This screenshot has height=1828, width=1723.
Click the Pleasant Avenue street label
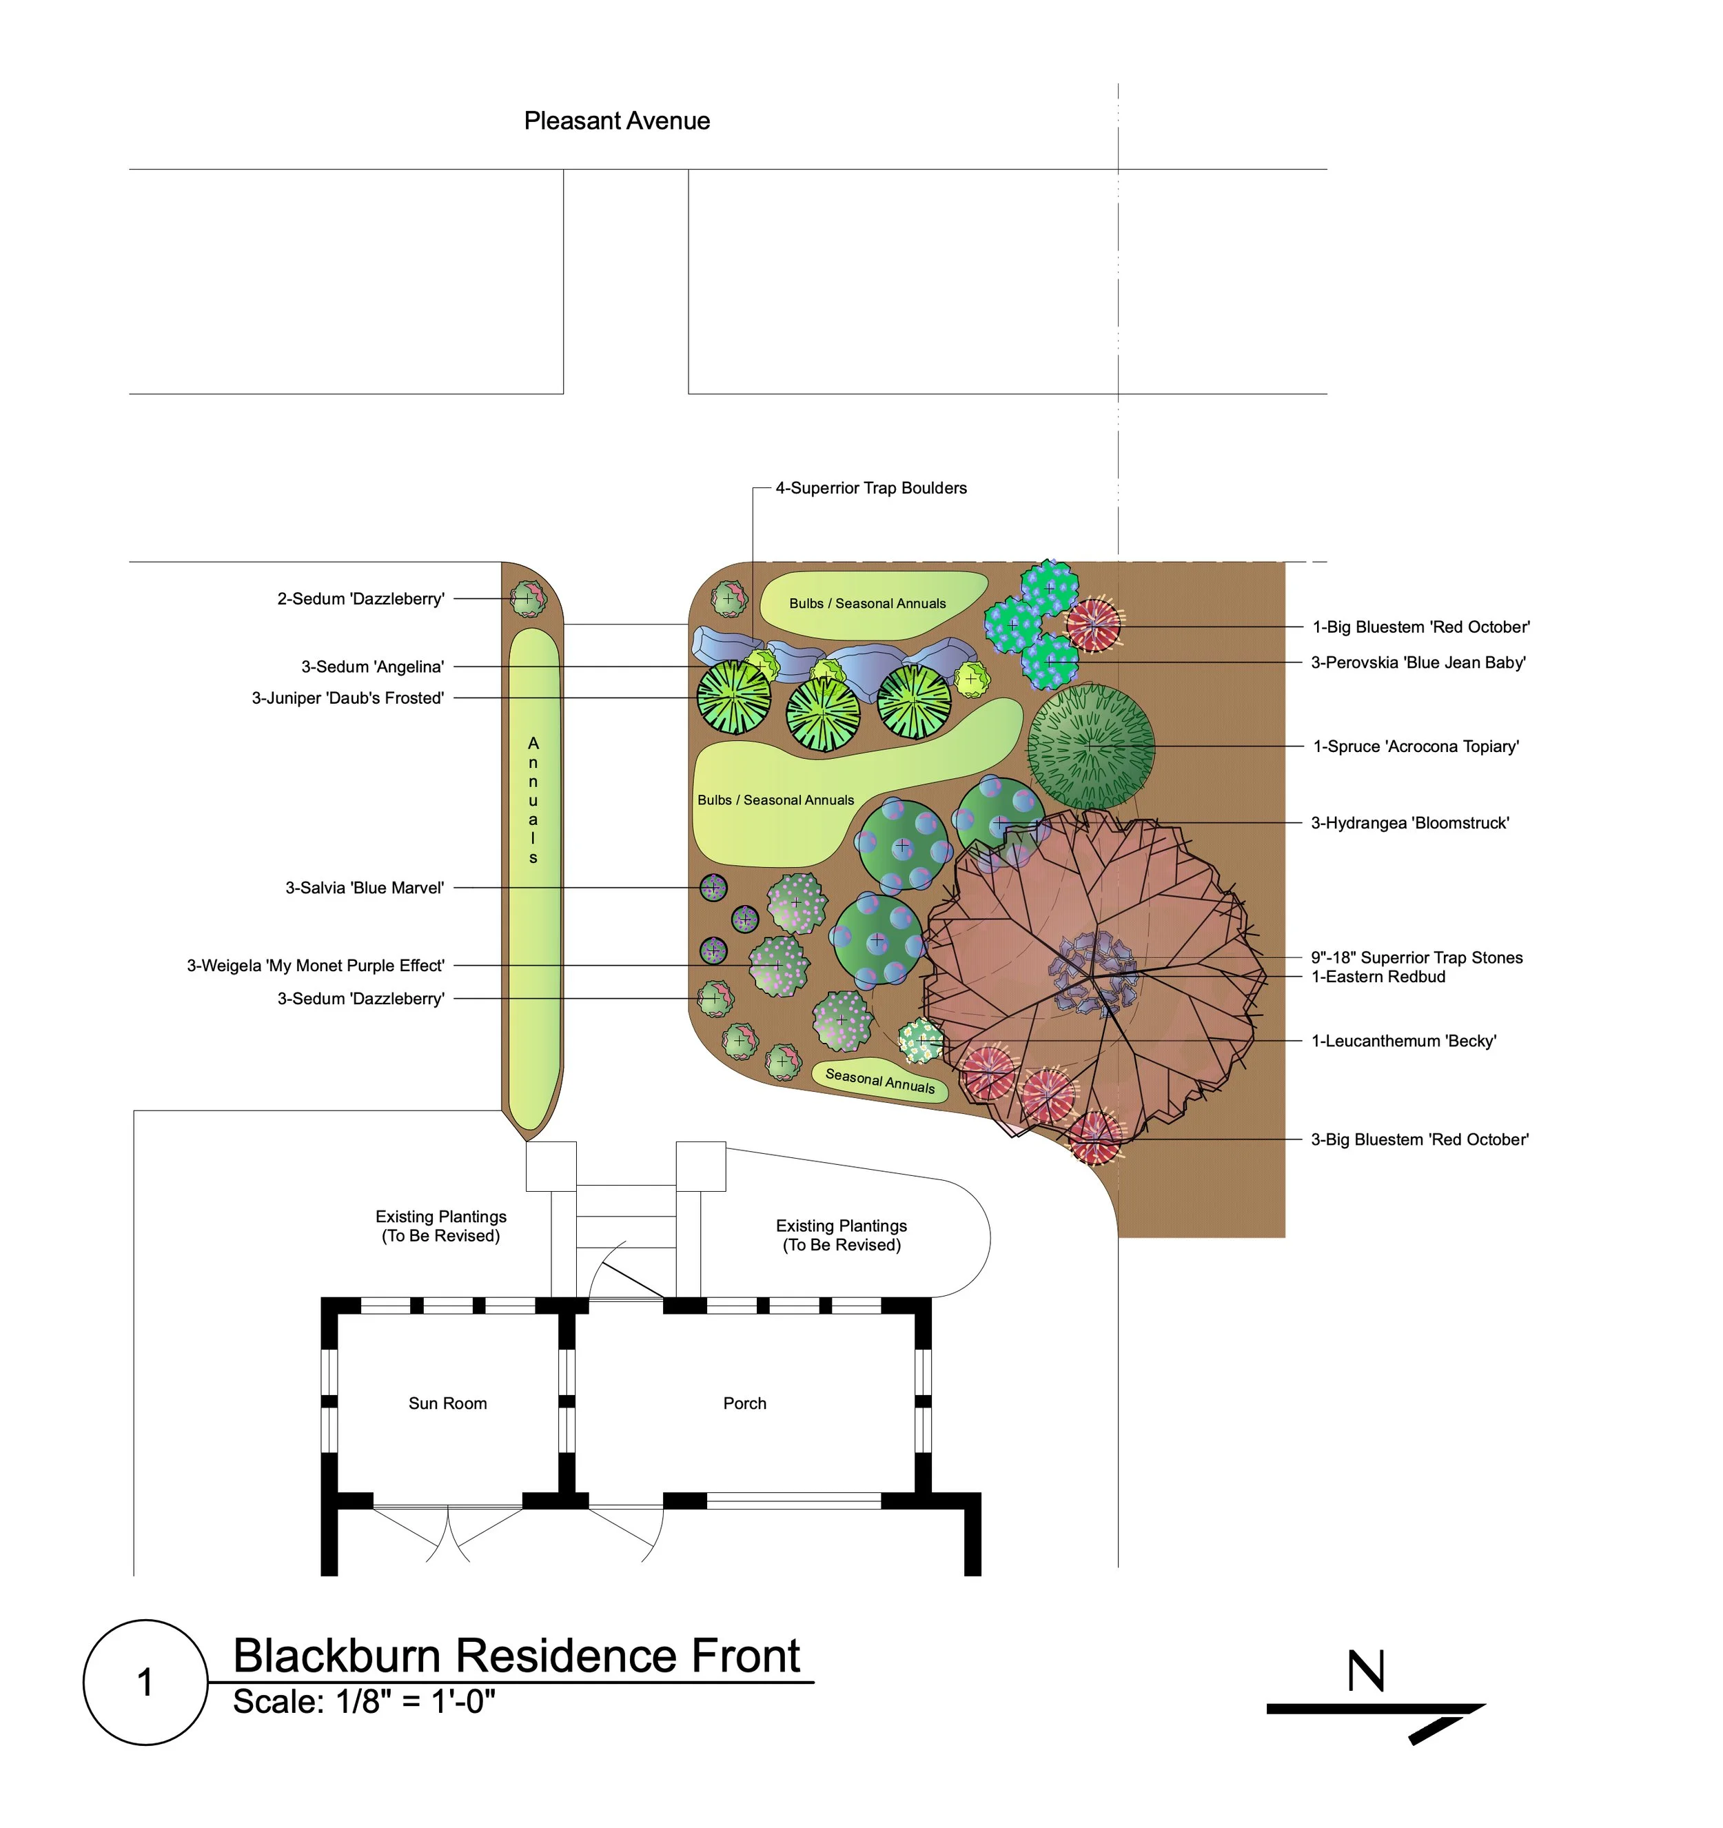[617, 121]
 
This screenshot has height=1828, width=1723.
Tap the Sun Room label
[448, 1403]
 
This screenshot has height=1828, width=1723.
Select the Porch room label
[745, 1403]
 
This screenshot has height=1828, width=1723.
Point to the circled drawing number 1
[145, 1682]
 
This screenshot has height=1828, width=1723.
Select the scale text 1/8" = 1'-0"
[364, 1702]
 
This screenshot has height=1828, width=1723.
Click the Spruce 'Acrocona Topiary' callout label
[1416, 747]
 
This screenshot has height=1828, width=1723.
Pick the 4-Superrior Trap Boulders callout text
[870, 488]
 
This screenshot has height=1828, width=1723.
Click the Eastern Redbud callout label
[1378, 977]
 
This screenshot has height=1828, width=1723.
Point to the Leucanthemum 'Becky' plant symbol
[921, 1041]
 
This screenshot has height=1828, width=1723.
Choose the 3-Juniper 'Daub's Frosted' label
[349, 699]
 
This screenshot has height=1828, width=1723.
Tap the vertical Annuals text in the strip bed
[533, 800]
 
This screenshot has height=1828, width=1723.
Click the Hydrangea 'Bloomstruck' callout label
[1409, 823]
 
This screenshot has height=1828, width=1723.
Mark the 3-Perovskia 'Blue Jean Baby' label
[1418, 662]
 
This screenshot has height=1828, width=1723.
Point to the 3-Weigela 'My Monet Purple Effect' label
[316, 966]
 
